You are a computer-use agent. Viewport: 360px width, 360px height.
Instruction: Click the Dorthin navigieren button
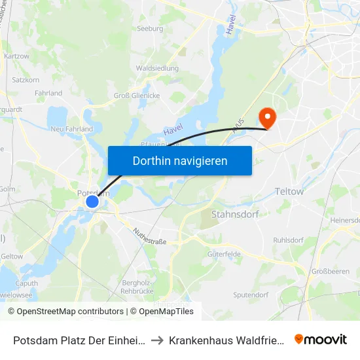point(179,160)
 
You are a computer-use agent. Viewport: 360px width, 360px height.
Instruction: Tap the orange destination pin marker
point(267,117)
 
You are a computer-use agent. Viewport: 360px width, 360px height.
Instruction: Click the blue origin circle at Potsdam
point(92,202)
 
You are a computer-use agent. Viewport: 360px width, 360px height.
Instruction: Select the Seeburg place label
point(149,29)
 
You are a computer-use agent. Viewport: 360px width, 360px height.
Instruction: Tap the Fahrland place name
point(49,94)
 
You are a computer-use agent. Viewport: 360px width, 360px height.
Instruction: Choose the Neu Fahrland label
point(71,130)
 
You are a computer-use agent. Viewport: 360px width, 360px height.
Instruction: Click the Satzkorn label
point(26,81)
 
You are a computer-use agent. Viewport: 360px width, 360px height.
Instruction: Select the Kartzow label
point(16,56)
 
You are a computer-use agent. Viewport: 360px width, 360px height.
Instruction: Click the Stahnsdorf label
point(235,214)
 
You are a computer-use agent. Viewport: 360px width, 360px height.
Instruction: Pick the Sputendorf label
point(251,295)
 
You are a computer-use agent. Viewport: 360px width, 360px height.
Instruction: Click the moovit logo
point(320,339)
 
